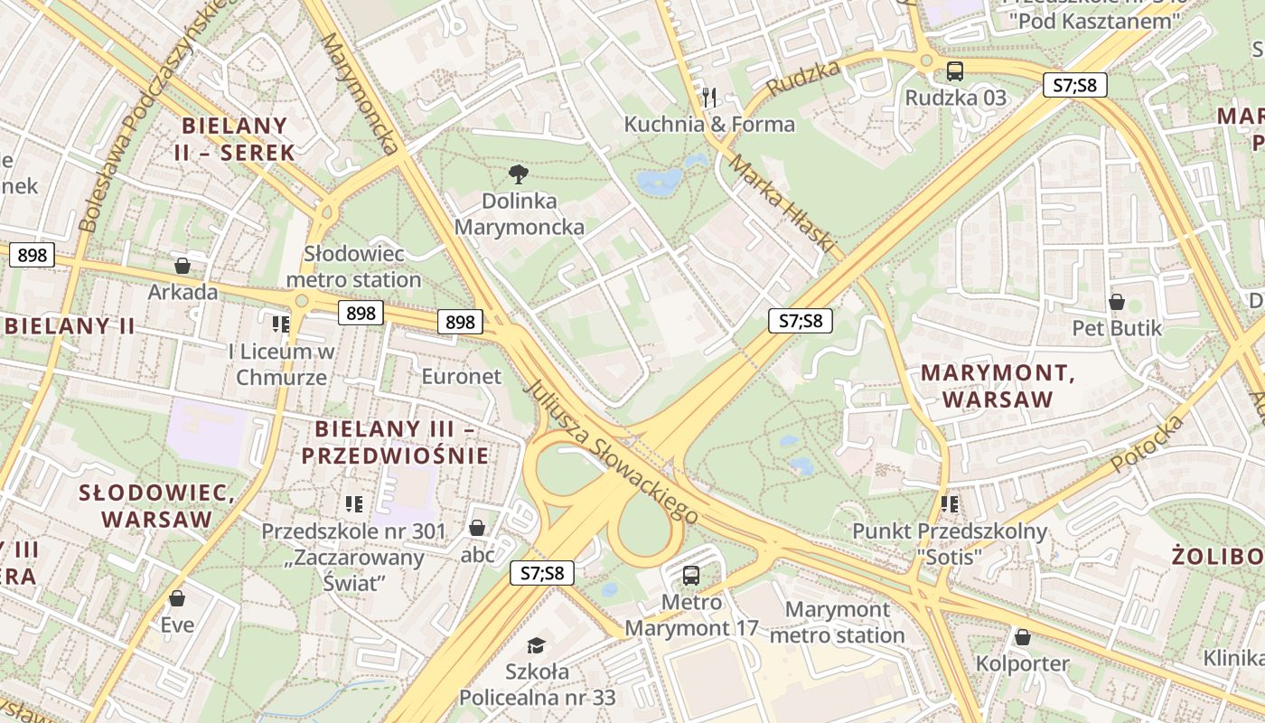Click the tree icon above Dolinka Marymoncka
point(519,174)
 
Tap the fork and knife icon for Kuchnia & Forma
point(709,97)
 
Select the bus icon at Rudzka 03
point(955,70)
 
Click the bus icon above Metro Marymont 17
point(691,575)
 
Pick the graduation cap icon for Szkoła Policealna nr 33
point(537,645)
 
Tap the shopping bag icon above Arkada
point(183,266)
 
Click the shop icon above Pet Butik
point(1117,302)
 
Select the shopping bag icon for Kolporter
point(1022,637)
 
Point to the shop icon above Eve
point(177,598)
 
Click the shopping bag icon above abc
point(477,528)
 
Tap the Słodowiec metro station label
point(353,267)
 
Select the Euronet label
point(461,376)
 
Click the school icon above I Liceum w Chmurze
point(281,324)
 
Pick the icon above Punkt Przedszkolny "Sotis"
point(949,504)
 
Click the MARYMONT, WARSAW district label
point(998,386)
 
